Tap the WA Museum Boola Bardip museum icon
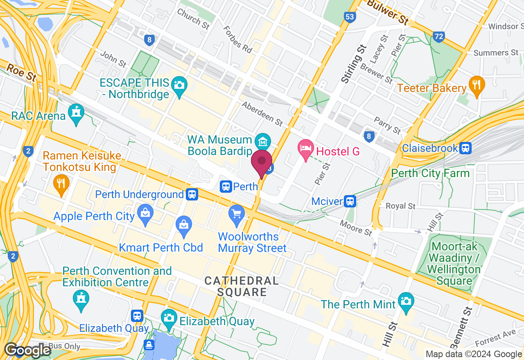(262, 142)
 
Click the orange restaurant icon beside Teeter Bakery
(476, 85)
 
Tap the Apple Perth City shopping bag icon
(145, 213)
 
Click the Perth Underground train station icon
(192, 194)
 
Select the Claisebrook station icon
(465, 148)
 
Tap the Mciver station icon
(350, 201)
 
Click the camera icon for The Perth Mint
(406, 301)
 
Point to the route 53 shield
(350, 17)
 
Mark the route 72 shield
(439, 36)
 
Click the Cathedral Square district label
(242, 286)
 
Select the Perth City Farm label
(430, 173)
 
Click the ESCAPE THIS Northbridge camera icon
(179, 85)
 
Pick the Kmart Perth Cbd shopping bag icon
(184, 225)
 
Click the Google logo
(28, 351)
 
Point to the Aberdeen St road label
(262, 113)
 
